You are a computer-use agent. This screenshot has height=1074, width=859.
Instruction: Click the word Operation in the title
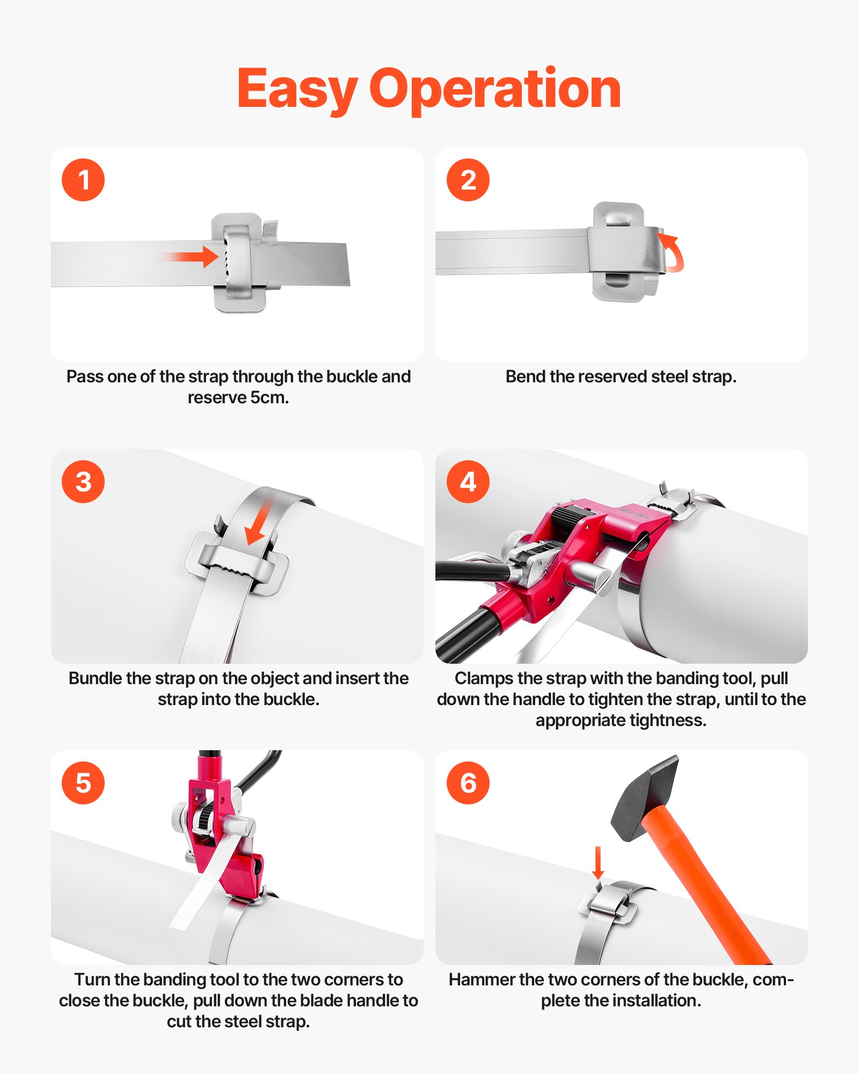(495, 89)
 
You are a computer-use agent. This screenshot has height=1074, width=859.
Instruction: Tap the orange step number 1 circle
(83, 180)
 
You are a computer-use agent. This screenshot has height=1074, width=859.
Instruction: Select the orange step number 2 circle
(468, 180)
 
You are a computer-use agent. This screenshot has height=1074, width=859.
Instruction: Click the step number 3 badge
(83, 482)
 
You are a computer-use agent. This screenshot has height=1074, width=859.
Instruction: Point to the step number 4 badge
(468, 482)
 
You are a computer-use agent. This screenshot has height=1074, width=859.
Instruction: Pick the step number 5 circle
(83, 783)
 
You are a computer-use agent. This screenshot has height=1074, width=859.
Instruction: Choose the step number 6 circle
(468, 783)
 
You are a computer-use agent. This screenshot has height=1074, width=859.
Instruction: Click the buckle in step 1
(239, 263)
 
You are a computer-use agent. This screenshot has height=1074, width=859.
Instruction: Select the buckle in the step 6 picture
(609, 905)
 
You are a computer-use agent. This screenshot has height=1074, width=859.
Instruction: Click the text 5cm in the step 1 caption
(269, 398)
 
